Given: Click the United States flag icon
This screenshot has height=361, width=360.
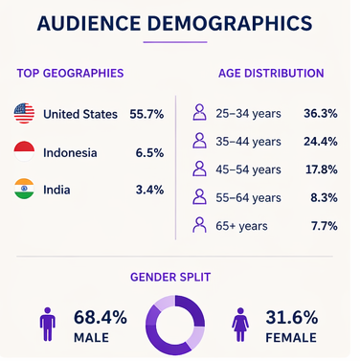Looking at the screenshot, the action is pos(24,113).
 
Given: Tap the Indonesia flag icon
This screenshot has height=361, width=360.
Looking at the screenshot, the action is pos(24,151).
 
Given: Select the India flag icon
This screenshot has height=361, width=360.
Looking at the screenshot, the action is pos(24,189).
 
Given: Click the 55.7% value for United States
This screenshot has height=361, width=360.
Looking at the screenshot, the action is pos(146,114).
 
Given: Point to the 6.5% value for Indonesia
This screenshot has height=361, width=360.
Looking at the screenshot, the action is pos(149,152).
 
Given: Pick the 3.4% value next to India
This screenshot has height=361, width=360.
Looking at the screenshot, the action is pos(149,190).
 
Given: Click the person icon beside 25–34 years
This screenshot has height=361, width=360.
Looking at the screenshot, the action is pos(199,112).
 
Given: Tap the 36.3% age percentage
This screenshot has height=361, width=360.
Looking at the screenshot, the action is pos(321,113).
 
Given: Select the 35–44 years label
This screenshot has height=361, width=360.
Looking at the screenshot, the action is pos(248,142).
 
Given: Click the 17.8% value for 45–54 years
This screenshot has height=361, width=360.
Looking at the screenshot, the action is pos(322,169).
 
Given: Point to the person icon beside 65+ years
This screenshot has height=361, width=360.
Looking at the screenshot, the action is pos(199,225).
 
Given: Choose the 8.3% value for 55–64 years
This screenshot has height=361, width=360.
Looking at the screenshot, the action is pos(324,197).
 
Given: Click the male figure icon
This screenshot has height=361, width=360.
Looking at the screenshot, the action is pos(48,324).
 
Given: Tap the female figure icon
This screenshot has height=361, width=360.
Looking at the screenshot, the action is pos(240,325).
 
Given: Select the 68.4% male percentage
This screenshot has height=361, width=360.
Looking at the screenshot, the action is pos(101,317).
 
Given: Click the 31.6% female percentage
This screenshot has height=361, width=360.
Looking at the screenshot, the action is pos(292,317).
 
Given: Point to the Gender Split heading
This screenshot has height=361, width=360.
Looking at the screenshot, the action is pos(170,277).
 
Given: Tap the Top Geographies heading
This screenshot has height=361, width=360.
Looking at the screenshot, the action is pos(70,73).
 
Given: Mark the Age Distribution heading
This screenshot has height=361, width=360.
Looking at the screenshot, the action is pos(271,73).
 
